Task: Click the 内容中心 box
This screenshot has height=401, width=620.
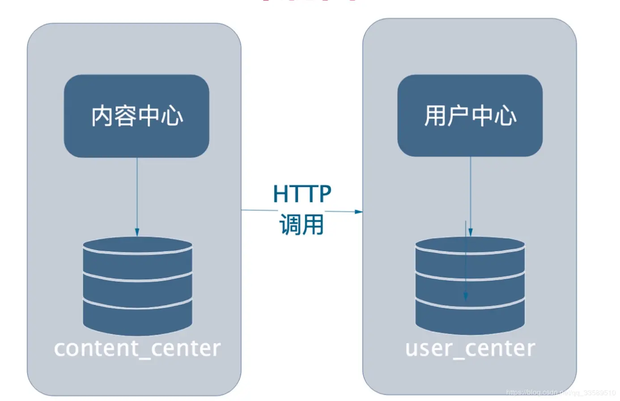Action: point(136,116)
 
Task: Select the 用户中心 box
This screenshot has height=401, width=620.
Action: point(470,115)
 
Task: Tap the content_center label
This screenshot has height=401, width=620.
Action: point(137,349)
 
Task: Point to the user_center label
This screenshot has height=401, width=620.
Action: point(470,349)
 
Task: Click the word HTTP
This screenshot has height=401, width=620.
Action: point(302,194)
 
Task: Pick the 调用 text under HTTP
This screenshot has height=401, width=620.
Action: point(302,224)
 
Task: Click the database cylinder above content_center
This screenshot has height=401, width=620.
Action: point(137,286)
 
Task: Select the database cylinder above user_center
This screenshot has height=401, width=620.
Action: point(470,286)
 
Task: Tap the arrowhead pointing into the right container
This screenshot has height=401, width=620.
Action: point(358,211)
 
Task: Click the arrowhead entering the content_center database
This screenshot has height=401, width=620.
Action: point(137,232)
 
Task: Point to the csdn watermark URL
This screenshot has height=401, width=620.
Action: point(561,392)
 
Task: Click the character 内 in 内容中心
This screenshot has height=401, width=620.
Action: point(102,116)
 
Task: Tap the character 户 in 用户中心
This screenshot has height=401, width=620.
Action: point(458,115)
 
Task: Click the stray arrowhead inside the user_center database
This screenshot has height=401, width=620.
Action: point(466,296)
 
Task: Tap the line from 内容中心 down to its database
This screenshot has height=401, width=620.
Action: point(137,192)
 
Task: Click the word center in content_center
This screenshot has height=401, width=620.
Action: point(186,349)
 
